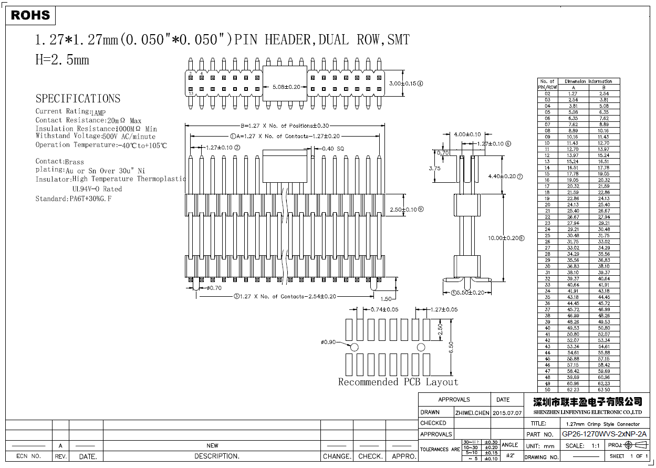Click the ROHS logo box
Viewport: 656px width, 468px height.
30,15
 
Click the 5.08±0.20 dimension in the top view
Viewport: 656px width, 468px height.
286,87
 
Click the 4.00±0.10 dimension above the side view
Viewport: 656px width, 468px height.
467,134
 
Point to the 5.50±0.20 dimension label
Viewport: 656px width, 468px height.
470,293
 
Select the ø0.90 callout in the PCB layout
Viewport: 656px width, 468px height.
328,342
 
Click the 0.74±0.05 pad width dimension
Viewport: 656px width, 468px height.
384,310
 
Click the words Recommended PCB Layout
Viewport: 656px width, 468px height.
398,382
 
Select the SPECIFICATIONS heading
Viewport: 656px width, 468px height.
78,99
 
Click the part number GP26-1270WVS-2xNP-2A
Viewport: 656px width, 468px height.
604,434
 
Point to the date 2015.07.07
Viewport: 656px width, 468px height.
507,413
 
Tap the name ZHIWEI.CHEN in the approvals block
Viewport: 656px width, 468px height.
472,413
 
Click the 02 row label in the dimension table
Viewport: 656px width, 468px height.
547,93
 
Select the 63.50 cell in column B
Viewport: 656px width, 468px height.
604,390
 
